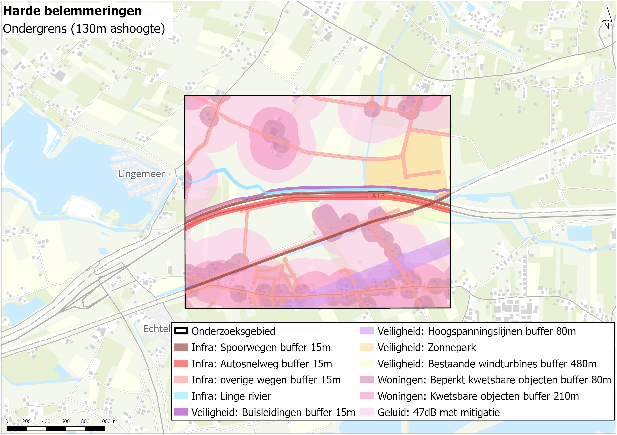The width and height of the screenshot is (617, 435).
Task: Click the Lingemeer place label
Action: (141, 174)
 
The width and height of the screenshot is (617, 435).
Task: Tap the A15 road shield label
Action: (378, 196)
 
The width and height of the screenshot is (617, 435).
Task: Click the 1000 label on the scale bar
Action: (105, 421)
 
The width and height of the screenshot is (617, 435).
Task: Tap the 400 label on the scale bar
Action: (46, 421)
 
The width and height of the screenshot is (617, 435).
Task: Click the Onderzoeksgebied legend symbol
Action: (181, 331)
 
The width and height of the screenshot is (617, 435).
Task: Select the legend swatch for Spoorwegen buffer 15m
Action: (181, 347)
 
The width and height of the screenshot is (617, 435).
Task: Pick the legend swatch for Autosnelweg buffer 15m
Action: (181, 364)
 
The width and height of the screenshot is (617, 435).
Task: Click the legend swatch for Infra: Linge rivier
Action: (181, 396)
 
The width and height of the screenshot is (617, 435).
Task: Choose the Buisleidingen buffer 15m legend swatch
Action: (181, 412)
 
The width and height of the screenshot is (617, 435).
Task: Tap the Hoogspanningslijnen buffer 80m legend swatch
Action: (367, 331)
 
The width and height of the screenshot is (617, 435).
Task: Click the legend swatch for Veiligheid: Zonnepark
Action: (367, 347)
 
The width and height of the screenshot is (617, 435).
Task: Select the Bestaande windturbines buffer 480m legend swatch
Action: (367, 364)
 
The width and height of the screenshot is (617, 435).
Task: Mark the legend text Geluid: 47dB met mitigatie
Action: (438, 412)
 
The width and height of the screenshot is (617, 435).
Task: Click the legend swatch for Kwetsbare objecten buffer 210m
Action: (367, 396)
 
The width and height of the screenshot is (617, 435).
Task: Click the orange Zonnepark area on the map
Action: (425, 161)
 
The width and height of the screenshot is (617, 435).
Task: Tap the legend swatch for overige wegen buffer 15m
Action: (181, 380)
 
